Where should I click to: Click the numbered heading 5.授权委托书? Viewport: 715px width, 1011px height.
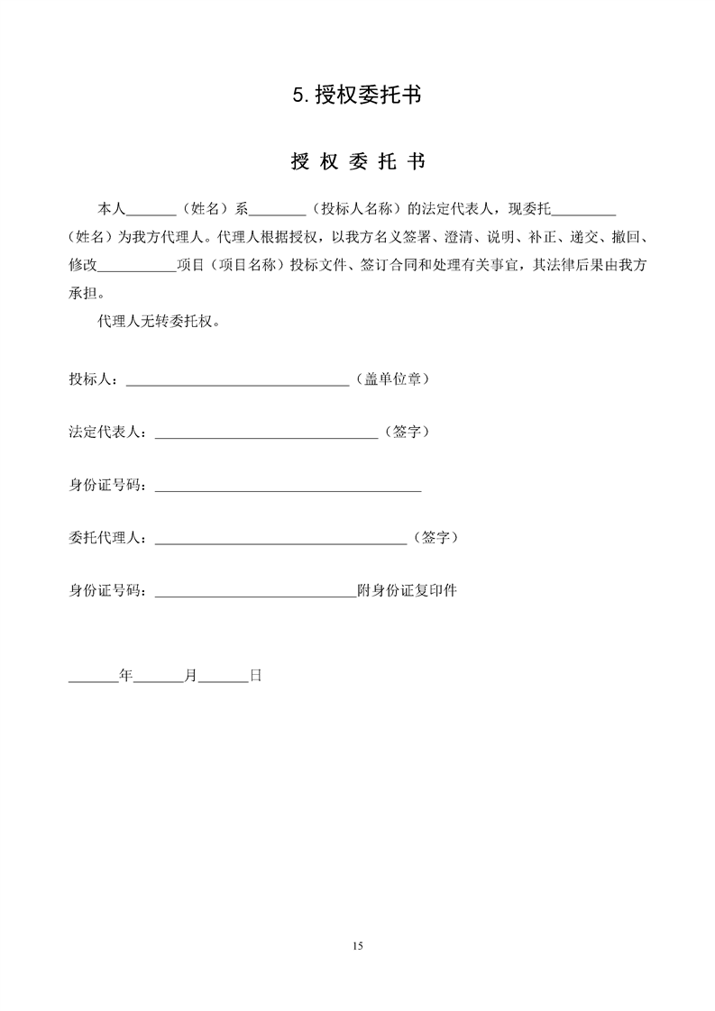357,95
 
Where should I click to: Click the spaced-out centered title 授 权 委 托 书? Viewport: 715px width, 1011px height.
357,162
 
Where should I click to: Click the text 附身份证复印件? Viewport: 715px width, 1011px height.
408,591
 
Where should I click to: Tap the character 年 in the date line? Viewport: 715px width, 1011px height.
126,674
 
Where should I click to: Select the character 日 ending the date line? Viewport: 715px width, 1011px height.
255,674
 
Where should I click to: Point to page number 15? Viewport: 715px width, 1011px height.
357,945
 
